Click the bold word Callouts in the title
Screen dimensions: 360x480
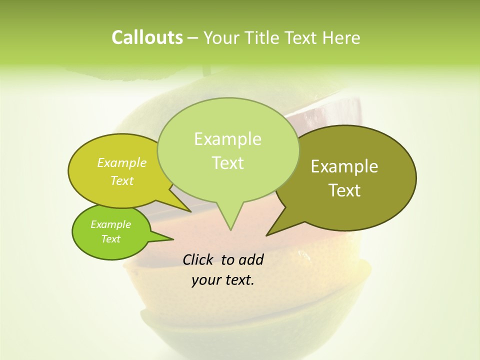coord(147,37)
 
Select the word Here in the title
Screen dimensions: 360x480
coord(342,37)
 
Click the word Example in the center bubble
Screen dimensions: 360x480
coord(227,139)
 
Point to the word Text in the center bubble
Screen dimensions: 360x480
coord(227,163)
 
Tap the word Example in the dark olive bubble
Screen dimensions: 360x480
coord(344,166)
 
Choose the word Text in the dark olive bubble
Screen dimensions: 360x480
coord(344,190)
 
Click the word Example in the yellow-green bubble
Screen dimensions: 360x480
coord(122,162)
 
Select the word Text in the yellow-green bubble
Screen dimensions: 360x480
coord(122,180)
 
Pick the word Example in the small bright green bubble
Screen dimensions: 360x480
coord(110,224)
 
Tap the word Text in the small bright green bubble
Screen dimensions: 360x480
coord(110,239)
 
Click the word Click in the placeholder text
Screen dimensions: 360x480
coord(199,259)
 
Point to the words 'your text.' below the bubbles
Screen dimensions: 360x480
coord(223,280)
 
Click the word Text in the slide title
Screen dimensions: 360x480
coord(303,37)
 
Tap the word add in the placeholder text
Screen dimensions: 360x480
coord(251,259)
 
